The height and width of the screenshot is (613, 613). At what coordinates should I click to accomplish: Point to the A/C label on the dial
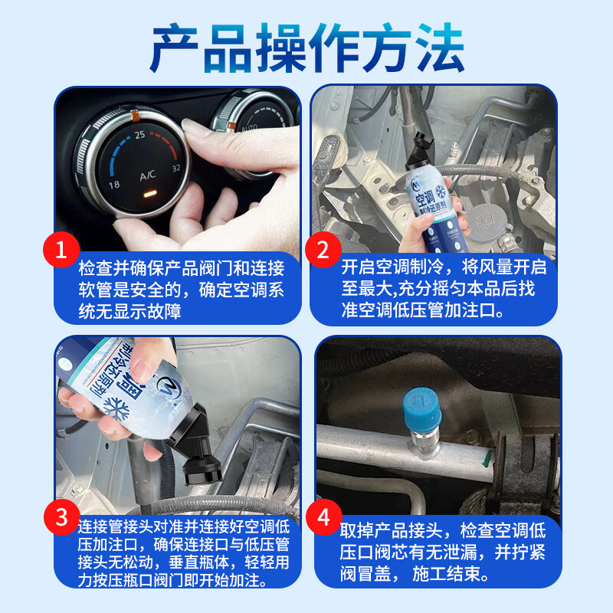[148, 175]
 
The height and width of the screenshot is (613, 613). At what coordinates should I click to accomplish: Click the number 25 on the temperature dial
[139, 135]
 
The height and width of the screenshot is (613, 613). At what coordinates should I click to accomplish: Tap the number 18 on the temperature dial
[114, 185]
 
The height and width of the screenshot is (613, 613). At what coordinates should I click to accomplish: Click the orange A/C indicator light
[149, 192]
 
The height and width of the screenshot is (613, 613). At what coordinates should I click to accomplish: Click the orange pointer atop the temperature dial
[135, 116]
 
